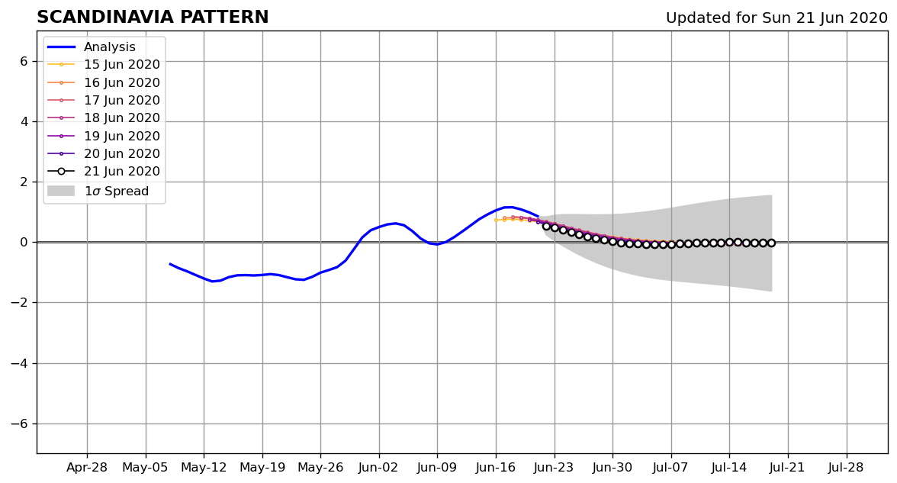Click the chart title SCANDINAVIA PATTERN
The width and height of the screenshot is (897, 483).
153,17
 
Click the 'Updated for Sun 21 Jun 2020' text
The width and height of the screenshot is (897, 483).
776,18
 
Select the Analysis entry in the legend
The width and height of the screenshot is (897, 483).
92,47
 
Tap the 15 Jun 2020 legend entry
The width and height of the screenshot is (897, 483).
104,65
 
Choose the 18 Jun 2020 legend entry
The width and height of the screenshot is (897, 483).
104,118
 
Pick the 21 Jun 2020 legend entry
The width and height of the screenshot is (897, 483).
104,171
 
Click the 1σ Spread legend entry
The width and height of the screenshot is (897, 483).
98,191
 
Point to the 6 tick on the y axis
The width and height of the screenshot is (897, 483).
24,61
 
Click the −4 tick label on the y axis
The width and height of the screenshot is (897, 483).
20,363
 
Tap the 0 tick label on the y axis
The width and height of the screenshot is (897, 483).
24,242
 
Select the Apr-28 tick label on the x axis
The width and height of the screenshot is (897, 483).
87,468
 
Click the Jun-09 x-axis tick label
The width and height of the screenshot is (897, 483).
437,468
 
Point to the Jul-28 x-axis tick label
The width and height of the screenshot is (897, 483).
845,468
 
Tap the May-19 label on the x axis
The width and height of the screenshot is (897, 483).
262,468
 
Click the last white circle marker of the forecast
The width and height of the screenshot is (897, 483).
771,243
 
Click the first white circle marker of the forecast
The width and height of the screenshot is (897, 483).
546,227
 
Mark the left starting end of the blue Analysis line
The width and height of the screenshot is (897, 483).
170,264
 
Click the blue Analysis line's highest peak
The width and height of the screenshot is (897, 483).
508,207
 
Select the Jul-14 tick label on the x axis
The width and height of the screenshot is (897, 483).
729,468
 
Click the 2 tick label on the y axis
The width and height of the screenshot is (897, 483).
24,182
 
